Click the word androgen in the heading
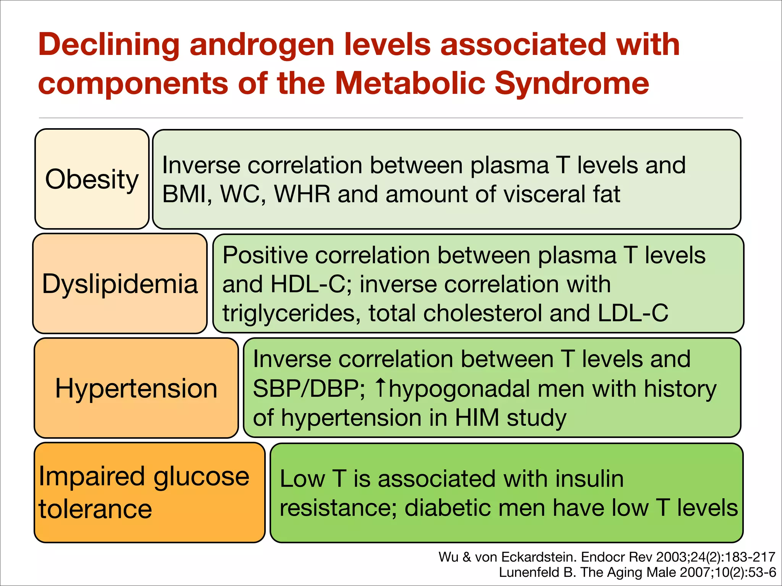tap(262, 45)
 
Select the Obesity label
tap(92, 179)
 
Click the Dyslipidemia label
tap(120, 284)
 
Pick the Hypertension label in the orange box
tap(136, 388)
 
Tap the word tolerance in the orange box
tap(95, 509)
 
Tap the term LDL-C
tap(633, 313)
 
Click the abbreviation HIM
tap(477, 418)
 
